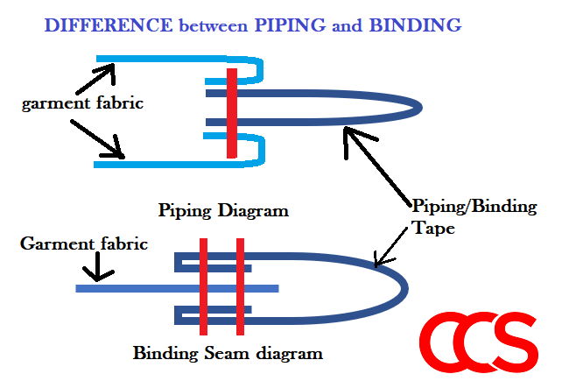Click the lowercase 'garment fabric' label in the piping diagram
[83, 103]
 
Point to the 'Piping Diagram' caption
[223, 211]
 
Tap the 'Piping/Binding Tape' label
[473, 215]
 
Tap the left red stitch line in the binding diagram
[203, 286]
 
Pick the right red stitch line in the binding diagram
[239, 286]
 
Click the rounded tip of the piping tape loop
[418, 107]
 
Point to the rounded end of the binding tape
[404, 286]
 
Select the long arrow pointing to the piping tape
[376, 166]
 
